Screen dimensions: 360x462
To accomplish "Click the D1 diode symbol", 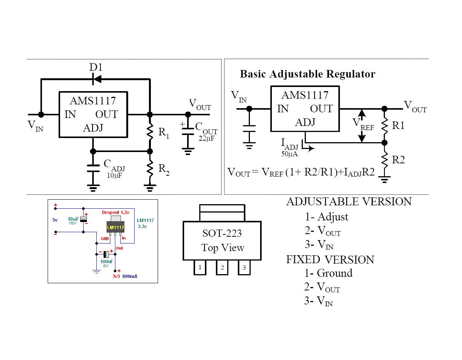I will (x=97, y=79).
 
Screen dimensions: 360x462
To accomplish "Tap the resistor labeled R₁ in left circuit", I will (x=150, y=132).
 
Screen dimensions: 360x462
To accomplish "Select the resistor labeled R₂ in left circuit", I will (x=150, y=169).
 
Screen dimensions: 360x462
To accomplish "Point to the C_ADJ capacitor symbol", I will (x=93, y=168).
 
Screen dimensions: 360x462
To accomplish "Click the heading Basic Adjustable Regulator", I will (x=307, y=74).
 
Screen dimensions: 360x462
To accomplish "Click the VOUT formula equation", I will (x=301, y=172).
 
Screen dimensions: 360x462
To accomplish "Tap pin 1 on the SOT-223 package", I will (x=200, y=268).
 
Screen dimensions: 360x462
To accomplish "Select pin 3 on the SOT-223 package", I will (x=244, y=268).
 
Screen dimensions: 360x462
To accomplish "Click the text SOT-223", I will (x=222, y=233).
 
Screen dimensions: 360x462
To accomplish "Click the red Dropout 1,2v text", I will (x=116, y=213).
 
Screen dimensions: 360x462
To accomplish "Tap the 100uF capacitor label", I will (x=107, y=261).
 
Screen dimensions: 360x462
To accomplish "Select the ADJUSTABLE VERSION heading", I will (x=349, y=202).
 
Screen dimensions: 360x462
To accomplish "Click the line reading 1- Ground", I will (x=328, y=273).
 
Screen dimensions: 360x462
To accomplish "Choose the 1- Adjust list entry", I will (x=326, y=217).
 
